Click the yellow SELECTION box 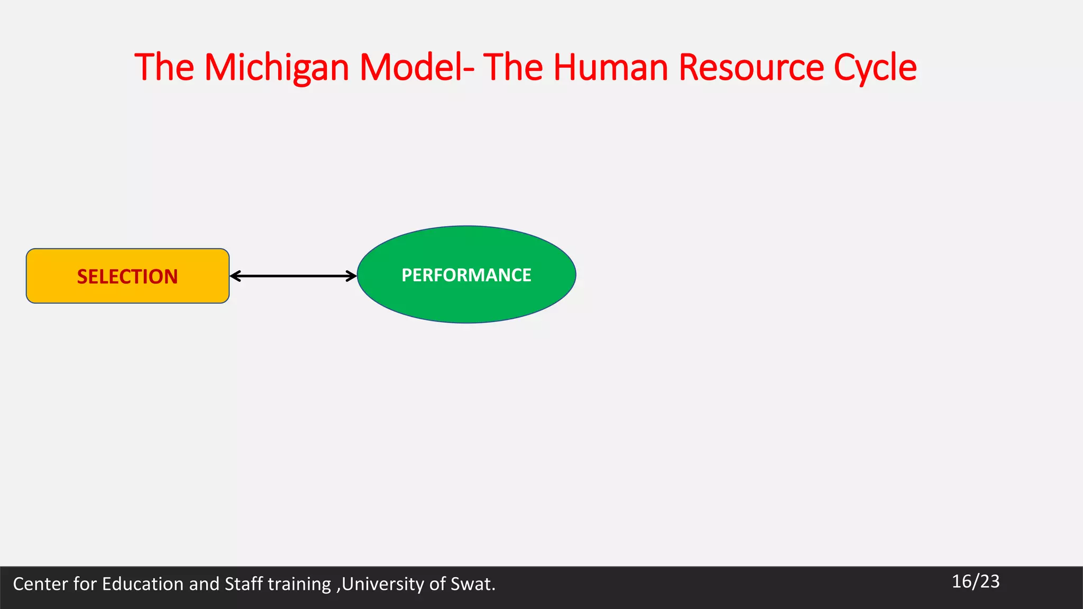pos(127,276)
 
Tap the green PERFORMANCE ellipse pos(466,275)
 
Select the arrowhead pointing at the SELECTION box pos(235,276)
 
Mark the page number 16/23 pos(976,582)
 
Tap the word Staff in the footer pos(244,584)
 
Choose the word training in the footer pos(299,584)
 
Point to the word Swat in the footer pos(470,584)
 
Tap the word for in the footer pos(85,584)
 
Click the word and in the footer pos(204,584)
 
